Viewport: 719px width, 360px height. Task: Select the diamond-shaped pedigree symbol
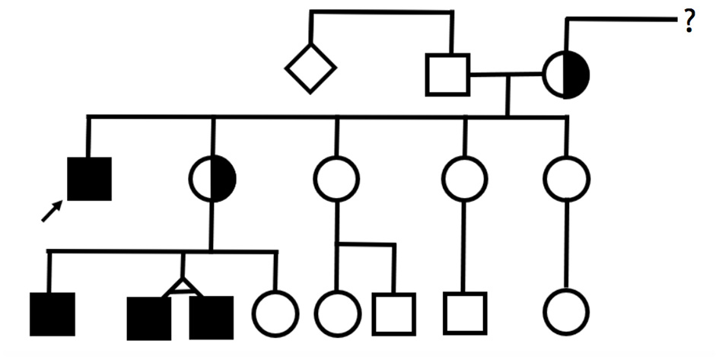[x=310, y=68]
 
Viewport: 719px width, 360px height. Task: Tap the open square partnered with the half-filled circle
[x=448, y=75]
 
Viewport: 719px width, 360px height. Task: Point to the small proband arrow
[x=52, y=212]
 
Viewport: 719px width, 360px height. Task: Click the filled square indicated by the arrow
[x=90, y=179]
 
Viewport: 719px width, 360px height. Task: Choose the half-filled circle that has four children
[x=212, y=179]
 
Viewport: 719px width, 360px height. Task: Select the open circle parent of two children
[x=336, y=179]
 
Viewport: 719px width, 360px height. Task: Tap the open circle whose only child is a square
[x=464, y=179]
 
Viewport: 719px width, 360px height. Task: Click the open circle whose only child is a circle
[x=566, y=179]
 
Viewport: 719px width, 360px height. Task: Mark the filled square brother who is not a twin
[x=52, y=314]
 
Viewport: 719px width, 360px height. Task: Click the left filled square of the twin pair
[x=149, y=317]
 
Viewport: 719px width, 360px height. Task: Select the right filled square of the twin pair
[x=211, y=317]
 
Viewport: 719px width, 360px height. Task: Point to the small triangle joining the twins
[x=180, y=287]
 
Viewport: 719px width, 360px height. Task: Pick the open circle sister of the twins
[x=275, y=314]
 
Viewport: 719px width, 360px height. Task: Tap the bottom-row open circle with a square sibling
[x=337, y=314]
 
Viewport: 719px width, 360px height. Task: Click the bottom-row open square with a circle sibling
[x=394, y=314]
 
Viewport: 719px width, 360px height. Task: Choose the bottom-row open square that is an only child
[x=466, y=313]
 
